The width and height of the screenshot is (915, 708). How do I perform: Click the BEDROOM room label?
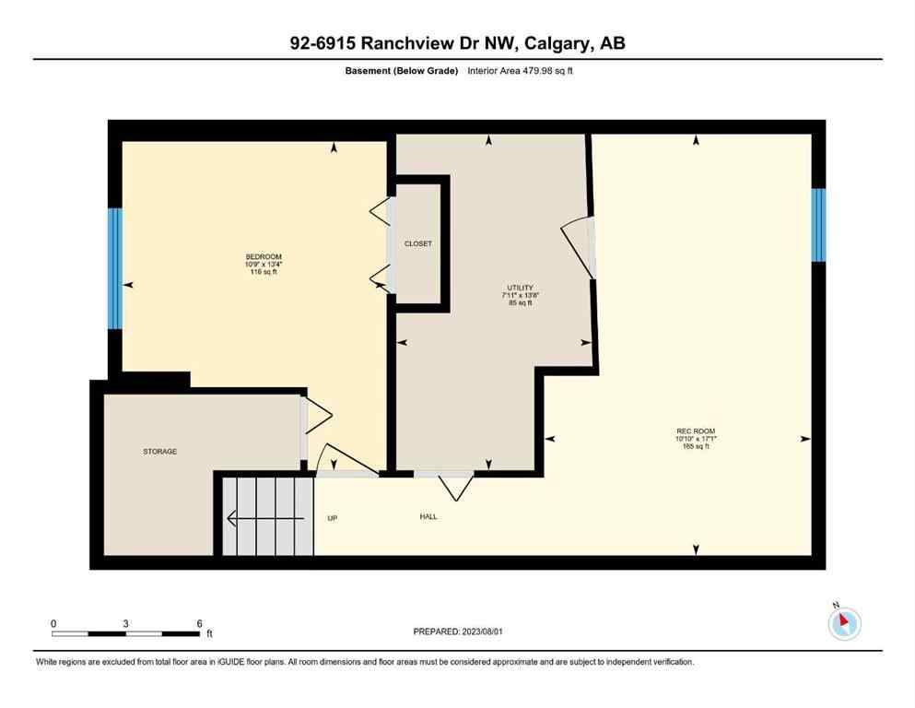(x=264, y=256)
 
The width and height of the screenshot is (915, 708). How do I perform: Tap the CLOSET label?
(x=417, y=243)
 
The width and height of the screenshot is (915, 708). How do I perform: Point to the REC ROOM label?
(x=696, y=431)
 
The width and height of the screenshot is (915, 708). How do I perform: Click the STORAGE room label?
(x=159, y=452)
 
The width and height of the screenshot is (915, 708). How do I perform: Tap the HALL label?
(x=428, y=516)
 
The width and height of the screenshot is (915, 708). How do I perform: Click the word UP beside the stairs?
(x=333, y=518)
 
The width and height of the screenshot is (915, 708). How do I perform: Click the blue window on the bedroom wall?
(x=114, y=268)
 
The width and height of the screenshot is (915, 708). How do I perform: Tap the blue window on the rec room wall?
(x=817, y=224)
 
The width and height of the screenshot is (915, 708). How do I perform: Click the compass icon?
(x=844, y=623)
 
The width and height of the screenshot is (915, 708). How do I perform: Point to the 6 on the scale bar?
(x=199, y=623)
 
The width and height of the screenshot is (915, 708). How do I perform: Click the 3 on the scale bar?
(x=125, y=623)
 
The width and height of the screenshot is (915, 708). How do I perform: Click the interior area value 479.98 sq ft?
(x=550, y=71)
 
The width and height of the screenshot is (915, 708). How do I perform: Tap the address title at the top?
(x=457, y=43)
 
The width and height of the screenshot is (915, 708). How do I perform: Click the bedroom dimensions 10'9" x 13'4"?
(x=264, y=265)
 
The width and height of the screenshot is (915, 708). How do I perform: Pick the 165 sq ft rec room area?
(x=696, y=447)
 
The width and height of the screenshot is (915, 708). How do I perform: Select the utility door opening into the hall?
(x=455, y=485)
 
